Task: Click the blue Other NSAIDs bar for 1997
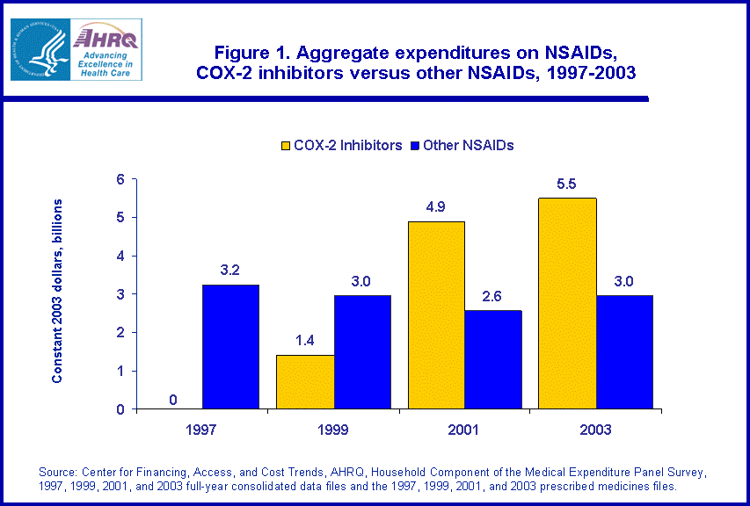pos(230,347)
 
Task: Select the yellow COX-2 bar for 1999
pos(304,382)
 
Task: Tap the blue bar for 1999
pos(361,352)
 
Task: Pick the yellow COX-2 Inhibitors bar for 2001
pos(435,315)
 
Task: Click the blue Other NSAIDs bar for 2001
pos(492,360)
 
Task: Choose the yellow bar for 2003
pos(567,304)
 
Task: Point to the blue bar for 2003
pos(623,352)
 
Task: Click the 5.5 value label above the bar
pos(566,186)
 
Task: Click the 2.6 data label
pos(492,298)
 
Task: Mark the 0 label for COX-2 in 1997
pos(173,401)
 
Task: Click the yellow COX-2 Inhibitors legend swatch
pos(286,146)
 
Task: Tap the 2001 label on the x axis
pos(464,430)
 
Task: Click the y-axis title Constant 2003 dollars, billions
pos(57,291)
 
